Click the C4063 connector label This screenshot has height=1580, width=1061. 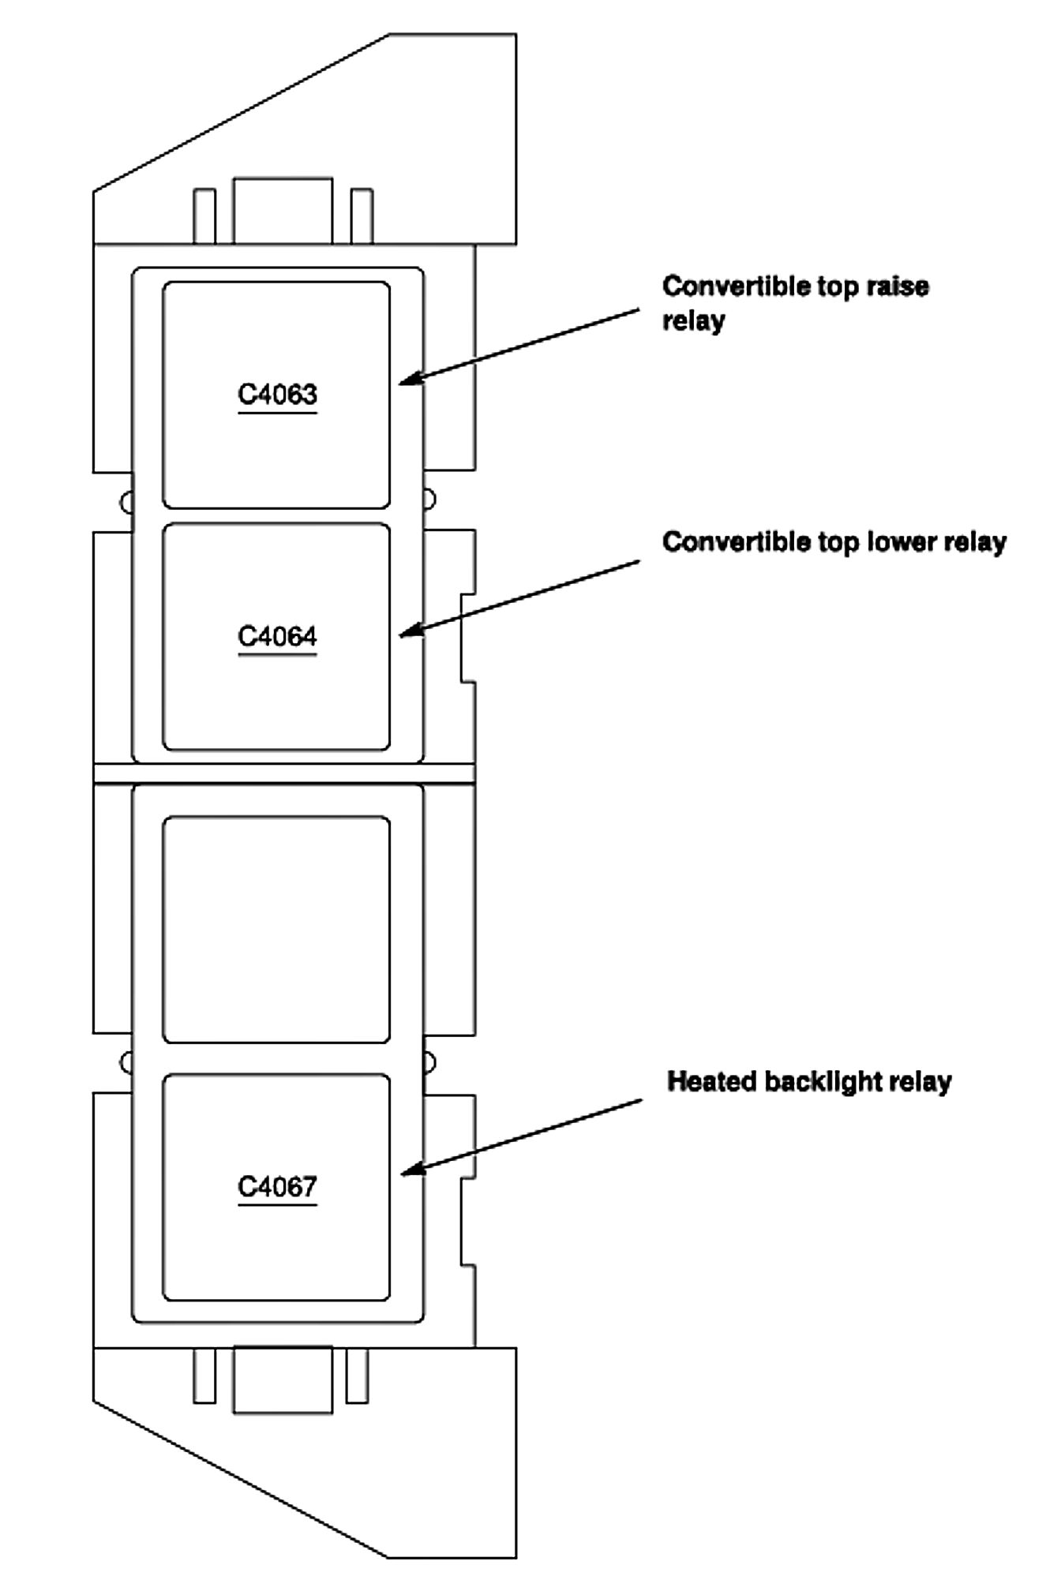tap(277, 394)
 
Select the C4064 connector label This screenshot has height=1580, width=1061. tap(277, 636)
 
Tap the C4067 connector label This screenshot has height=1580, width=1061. tap(277, 1186)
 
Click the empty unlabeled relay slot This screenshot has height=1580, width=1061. tap(276, 929)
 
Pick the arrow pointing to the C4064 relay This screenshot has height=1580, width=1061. tap(521, 597)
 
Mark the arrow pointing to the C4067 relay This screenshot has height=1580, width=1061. tap(523, 1136)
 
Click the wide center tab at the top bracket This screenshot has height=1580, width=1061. tap(283, 210)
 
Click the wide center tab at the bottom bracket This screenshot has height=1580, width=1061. tap(283, 1380)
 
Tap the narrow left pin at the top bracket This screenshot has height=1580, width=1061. tap(204, 215)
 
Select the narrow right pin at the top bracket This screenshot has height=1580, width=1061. tap(362, 215)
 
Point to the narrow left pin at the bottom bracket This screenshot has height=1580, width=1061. tap(204, 1375)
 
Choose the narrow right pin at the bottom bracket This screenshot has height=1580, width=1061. tap(358, 1375)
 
